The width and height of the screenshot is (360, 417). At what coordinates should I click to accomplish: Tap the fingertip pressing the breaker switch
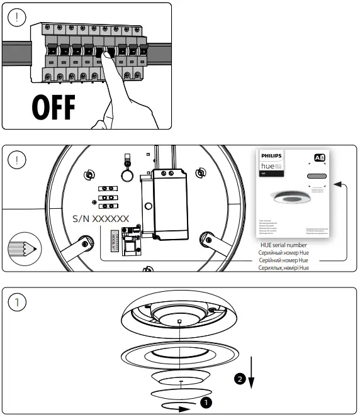[x=108, y=57]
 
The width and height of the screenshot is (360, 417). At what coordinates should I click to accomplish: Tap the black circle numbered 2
[x=239, y=379]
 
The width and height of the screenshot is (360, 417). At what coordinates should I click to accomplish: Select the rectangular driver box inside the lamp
[x=172, y=202]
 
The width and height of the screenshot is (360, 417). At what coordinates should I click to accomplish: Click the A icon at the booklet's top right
[x=318, y=157]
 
